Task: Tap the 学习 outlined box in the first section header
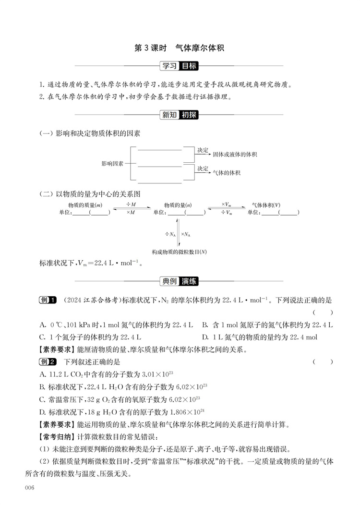[x=169, y=66]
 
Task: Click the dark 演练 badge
[x=190, y=281]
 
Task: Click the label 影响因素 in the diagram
[x=112, y=164]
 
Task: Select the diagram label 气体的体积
[x=226, y=172]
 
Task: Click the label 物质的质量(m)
[x=85, y=204]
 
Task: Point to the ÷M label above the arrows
[x=131, y=204]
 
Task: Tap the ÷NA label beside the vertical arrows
[x=170, y=234]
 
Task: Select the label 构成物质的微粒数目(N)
[x=180, y=252]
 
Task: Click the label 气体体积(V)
[x=266, y=204]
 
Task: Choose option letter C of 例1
[x=42, y=337]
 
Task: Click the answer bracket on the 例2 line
[x=322, y=361]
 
